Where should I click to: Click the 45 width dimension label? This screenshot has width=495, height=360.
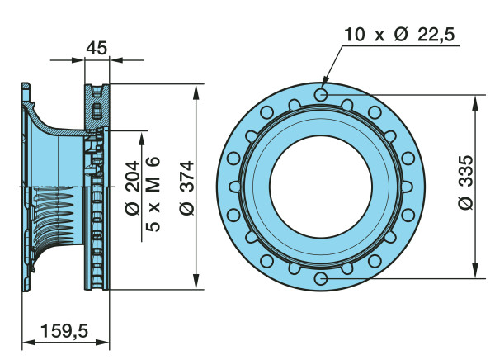point(97,48)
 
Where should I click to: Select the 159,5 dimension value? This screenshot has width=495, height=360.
point(64,331)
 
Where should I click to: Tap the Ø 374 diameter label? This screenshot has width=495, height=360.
point(186,188)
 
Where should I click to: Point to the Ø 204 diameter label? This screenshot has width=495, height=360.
point(133,188)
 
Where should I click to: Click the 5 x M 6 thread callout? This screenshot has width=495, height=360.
point(153,194)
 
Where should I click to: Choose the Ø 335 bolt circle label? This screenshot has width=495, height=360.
point(465,182)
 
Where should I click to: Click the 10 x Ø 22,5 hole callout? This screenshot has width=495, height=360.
point(399,34)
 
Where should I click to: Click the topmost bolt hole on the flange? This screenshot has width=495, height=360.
point(321,94)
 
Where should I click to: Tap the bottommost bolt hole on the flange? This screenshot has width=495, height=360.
point(321,278)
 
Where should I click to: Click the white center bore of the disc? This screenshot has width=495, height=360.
point(321,187)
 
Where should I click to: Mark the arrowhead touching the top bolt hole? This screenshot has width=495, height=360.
point(326,82)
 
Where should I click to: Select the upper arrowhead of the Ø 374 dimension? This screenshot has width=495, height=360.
point(196,92)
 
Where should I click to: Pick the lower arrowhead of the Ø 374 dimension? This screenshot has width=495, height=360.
point(196,282)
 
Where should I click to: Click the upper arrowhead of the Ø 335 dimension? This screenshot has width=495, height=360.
point(475,102)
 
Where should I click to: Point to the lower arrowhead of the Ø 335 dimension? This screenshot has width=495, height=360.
point(475,271)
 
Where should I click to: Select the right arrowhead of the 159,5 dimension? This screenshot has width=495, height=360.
point(102,343)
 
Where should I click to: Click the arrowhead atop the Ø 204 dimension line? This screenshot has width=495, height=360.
point(142,140)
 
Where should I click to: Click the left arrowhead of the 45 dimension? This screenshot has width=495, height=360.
point(78,59)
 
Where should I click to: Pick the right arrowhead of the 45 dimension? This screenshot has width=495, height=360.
point(116,59)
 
